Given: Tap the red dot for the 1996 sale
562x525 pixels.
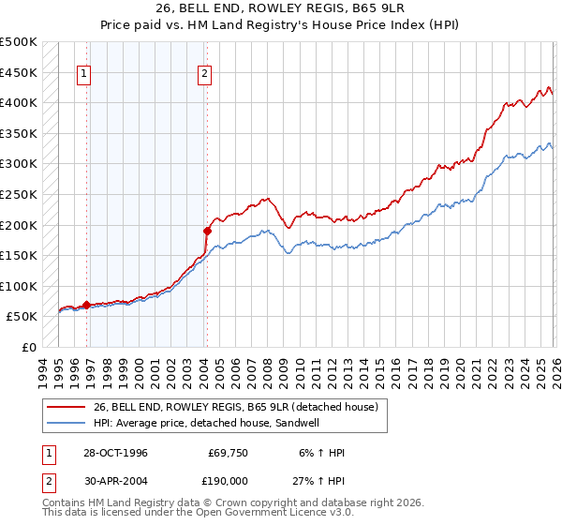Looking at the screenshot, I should tap(87, 305).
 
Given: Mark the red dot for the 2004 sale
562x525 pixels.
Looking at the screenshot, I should tap(207, 230).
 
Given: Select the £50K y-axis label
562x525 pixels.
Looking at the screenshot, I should tap(22, 317).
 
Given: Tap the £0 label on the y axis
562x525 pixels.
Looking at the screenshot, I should tap(30, 347).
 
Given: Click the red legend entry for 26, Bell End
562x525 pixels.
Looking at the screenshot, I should tap(234, 407).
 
